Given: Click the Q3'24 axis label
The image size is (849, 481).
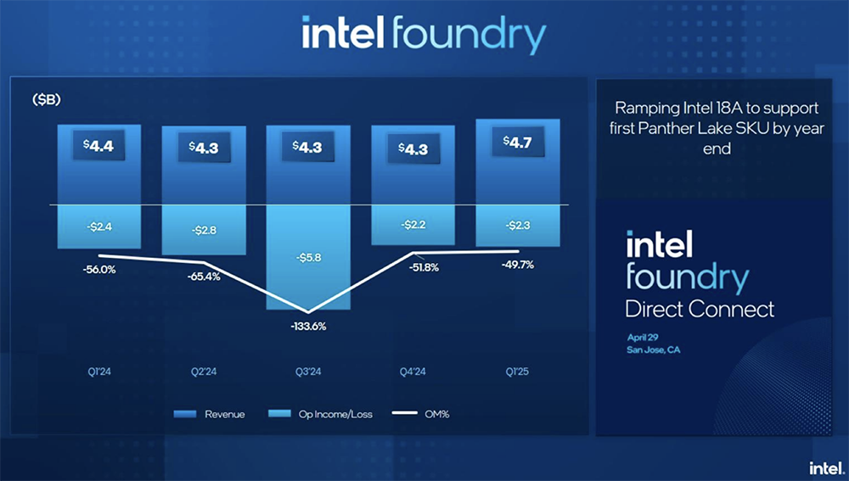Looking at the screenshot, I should pyautogui.click(x=308, y=372).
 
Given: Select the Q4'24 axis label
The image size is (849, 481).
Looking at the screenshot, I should pyautogui.click(x=413, y=372).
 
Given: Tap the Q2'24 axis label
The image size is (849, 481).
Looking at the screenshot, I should pyautogui.click(x=205, y=372).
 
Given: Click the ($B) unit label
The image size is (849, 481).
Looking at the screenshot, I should pyautogui.click(x=48, y=100).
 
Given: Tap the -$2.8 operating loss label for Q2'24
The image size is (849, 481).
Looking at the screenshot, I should pyautogui.click(x=204, y=230).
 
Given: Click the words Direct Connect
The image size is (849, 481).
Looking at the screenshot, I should pyautogui.click(x=700, y=308).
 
